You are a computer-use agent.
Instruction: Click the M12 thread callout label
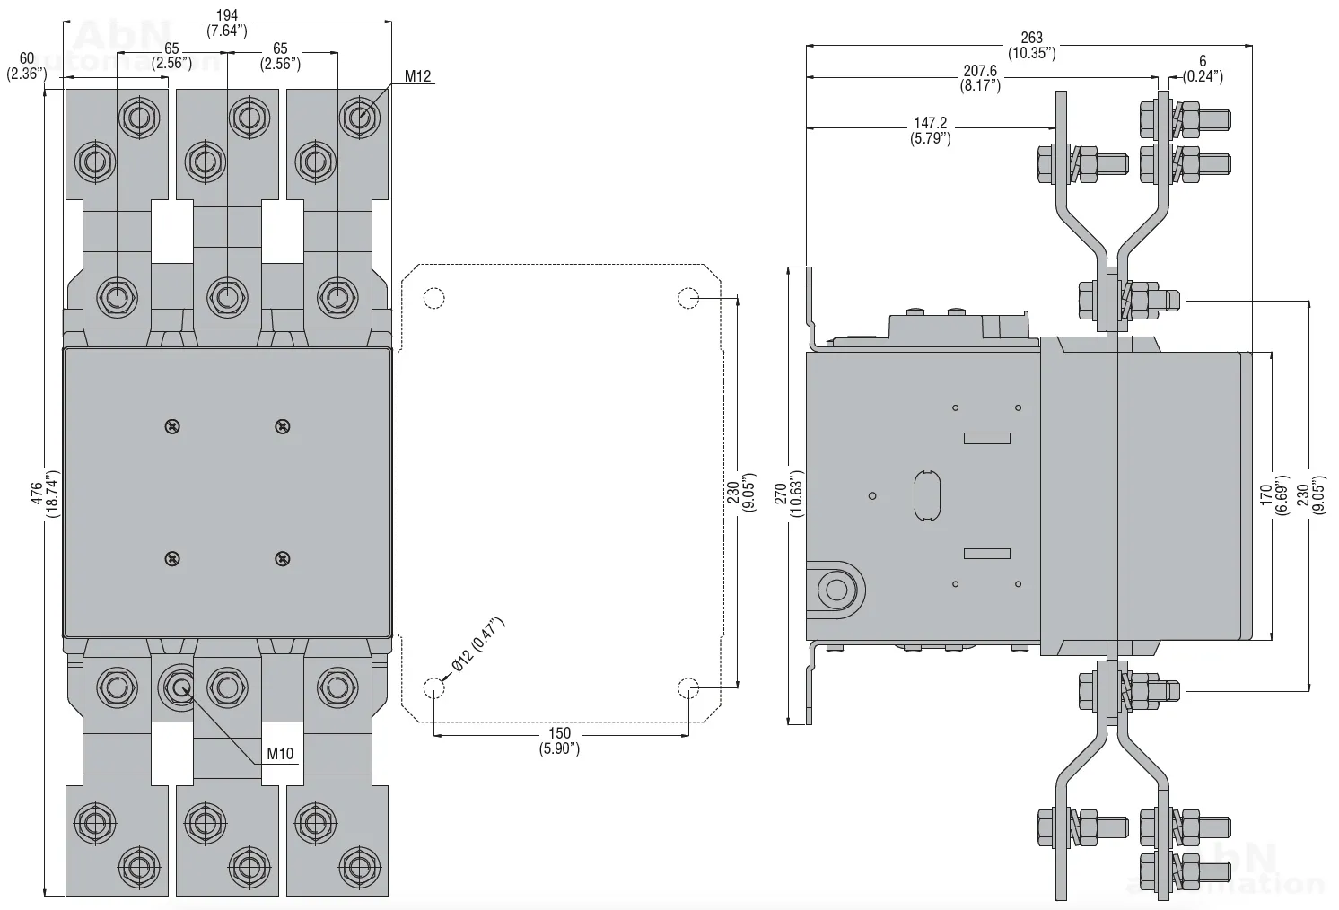click(418, 76)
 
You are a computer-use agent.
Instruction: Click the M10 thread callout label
click(281, 754)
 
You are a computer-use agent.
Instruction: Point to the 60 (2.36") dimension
click(26, 66)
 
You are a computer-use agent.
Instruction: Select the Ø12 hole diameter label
click(477, 645)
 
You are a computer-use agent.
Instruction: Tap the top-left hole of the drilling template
click(433, 298)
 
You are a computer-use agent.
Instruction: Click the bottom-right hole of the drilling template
click(687, 689)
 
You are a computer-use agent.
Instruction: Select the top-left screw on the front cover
click(172, 427)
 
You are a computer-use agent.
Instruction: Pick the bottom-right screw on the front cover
click(283, 559)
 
